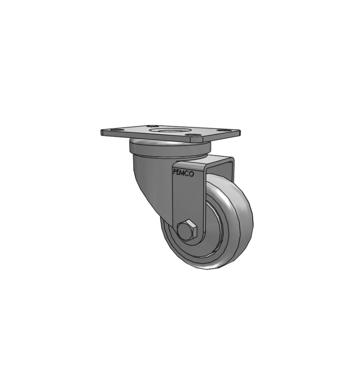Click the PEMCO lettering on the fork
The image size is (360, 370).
tap(183, 173)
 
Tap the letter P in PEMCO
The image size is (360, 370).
tap(175, 172)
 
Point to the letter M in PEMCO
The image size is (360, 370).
tap(183, 173)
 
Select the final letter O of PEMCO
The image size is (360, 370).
tap(192, 174)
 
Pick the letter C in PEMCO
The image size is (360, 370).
tap(188, 174)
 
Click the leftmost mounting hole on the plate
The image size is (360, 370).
tap(116, 130)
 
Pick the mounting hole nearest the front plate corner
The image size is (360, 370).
tap(191, 135)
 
